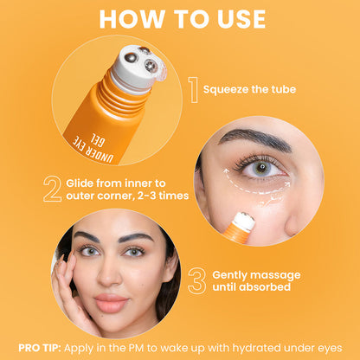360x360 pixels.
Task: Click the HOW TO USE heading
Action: pyautogui.click(x=180, y=20)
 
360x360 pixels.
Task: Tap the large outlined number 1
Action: pyautogui.click(x=193, y=87)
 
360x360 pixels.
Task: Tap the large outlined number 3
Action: pyautogui.click(x=196, y=280)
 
